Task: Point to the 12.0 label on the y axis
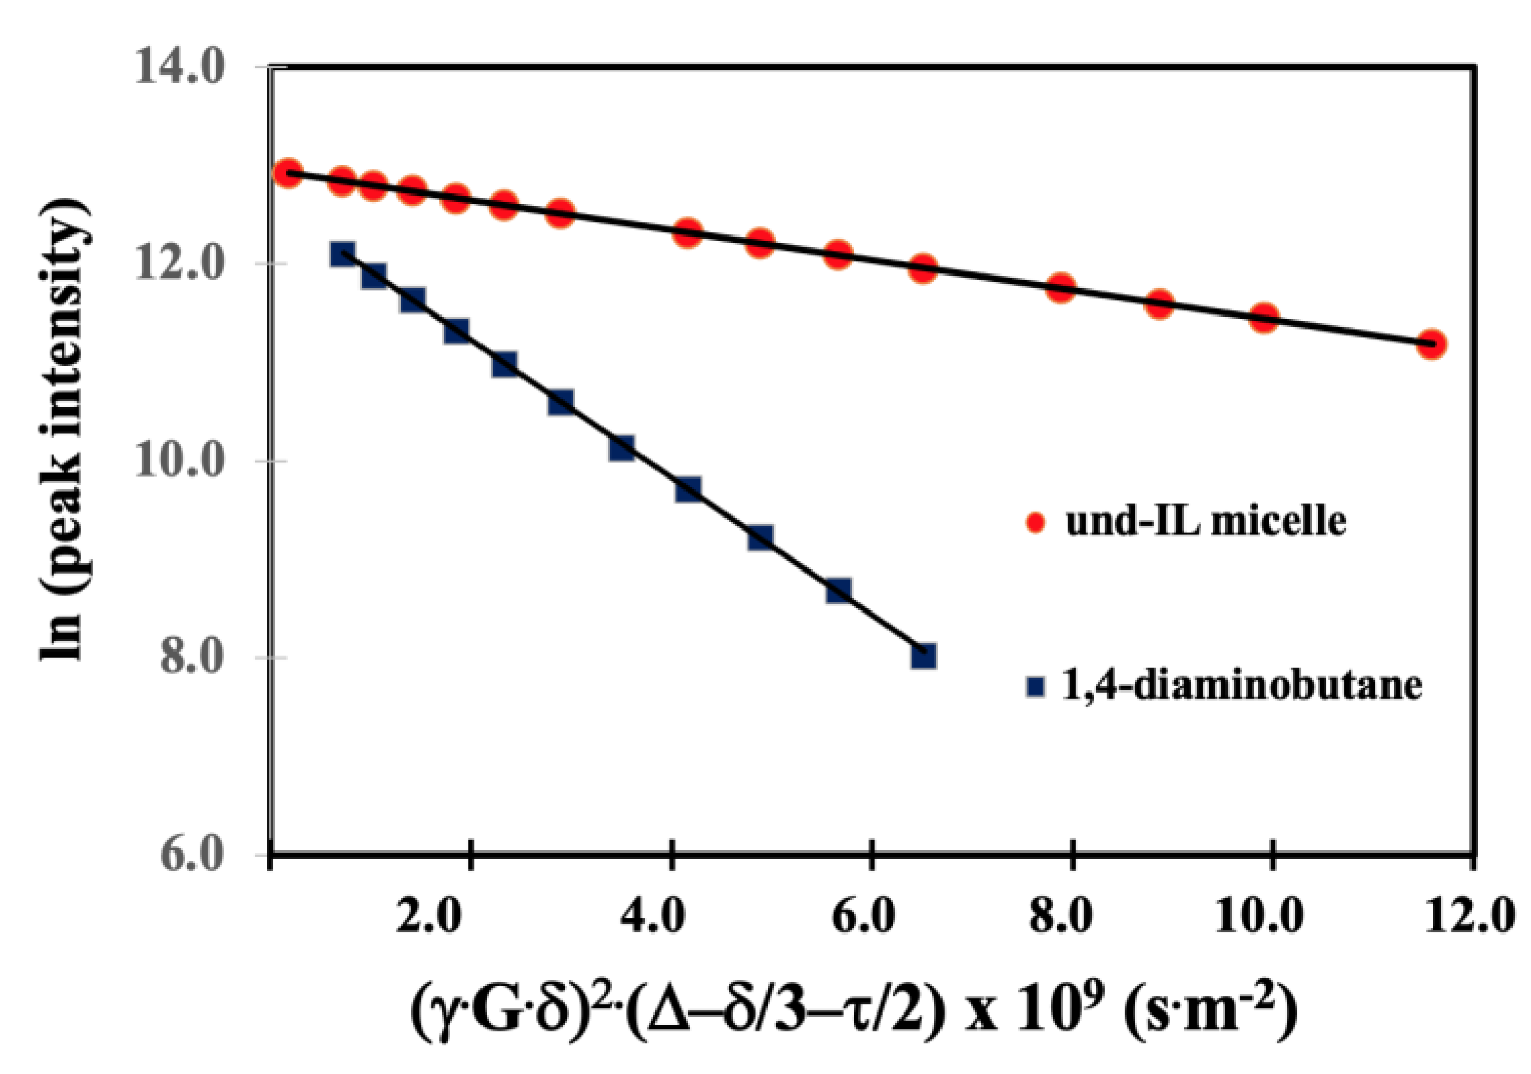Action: (179, 264)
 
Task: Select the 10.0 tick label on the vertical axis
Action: (179, 461)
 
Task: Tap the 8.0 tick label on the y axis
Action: (191, 658)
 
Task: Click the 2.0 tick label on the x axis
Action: (429, 916)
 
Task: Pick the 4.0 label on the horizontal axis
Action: (652, 916)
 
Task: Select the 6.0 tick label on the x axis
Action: (863, 916)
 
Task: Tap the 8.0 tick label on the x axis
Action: (1060, 916)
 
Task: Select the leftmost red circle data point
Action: (288, 173)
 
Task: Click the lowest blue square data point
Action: (923, 656)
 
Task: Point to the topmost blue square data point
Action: (342, 254)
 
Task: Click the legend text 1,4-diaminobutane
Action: (1242, 685)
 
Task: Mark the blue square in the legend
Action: (1036, 686)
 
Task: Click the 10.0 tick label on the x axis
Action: (1258, 916)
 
